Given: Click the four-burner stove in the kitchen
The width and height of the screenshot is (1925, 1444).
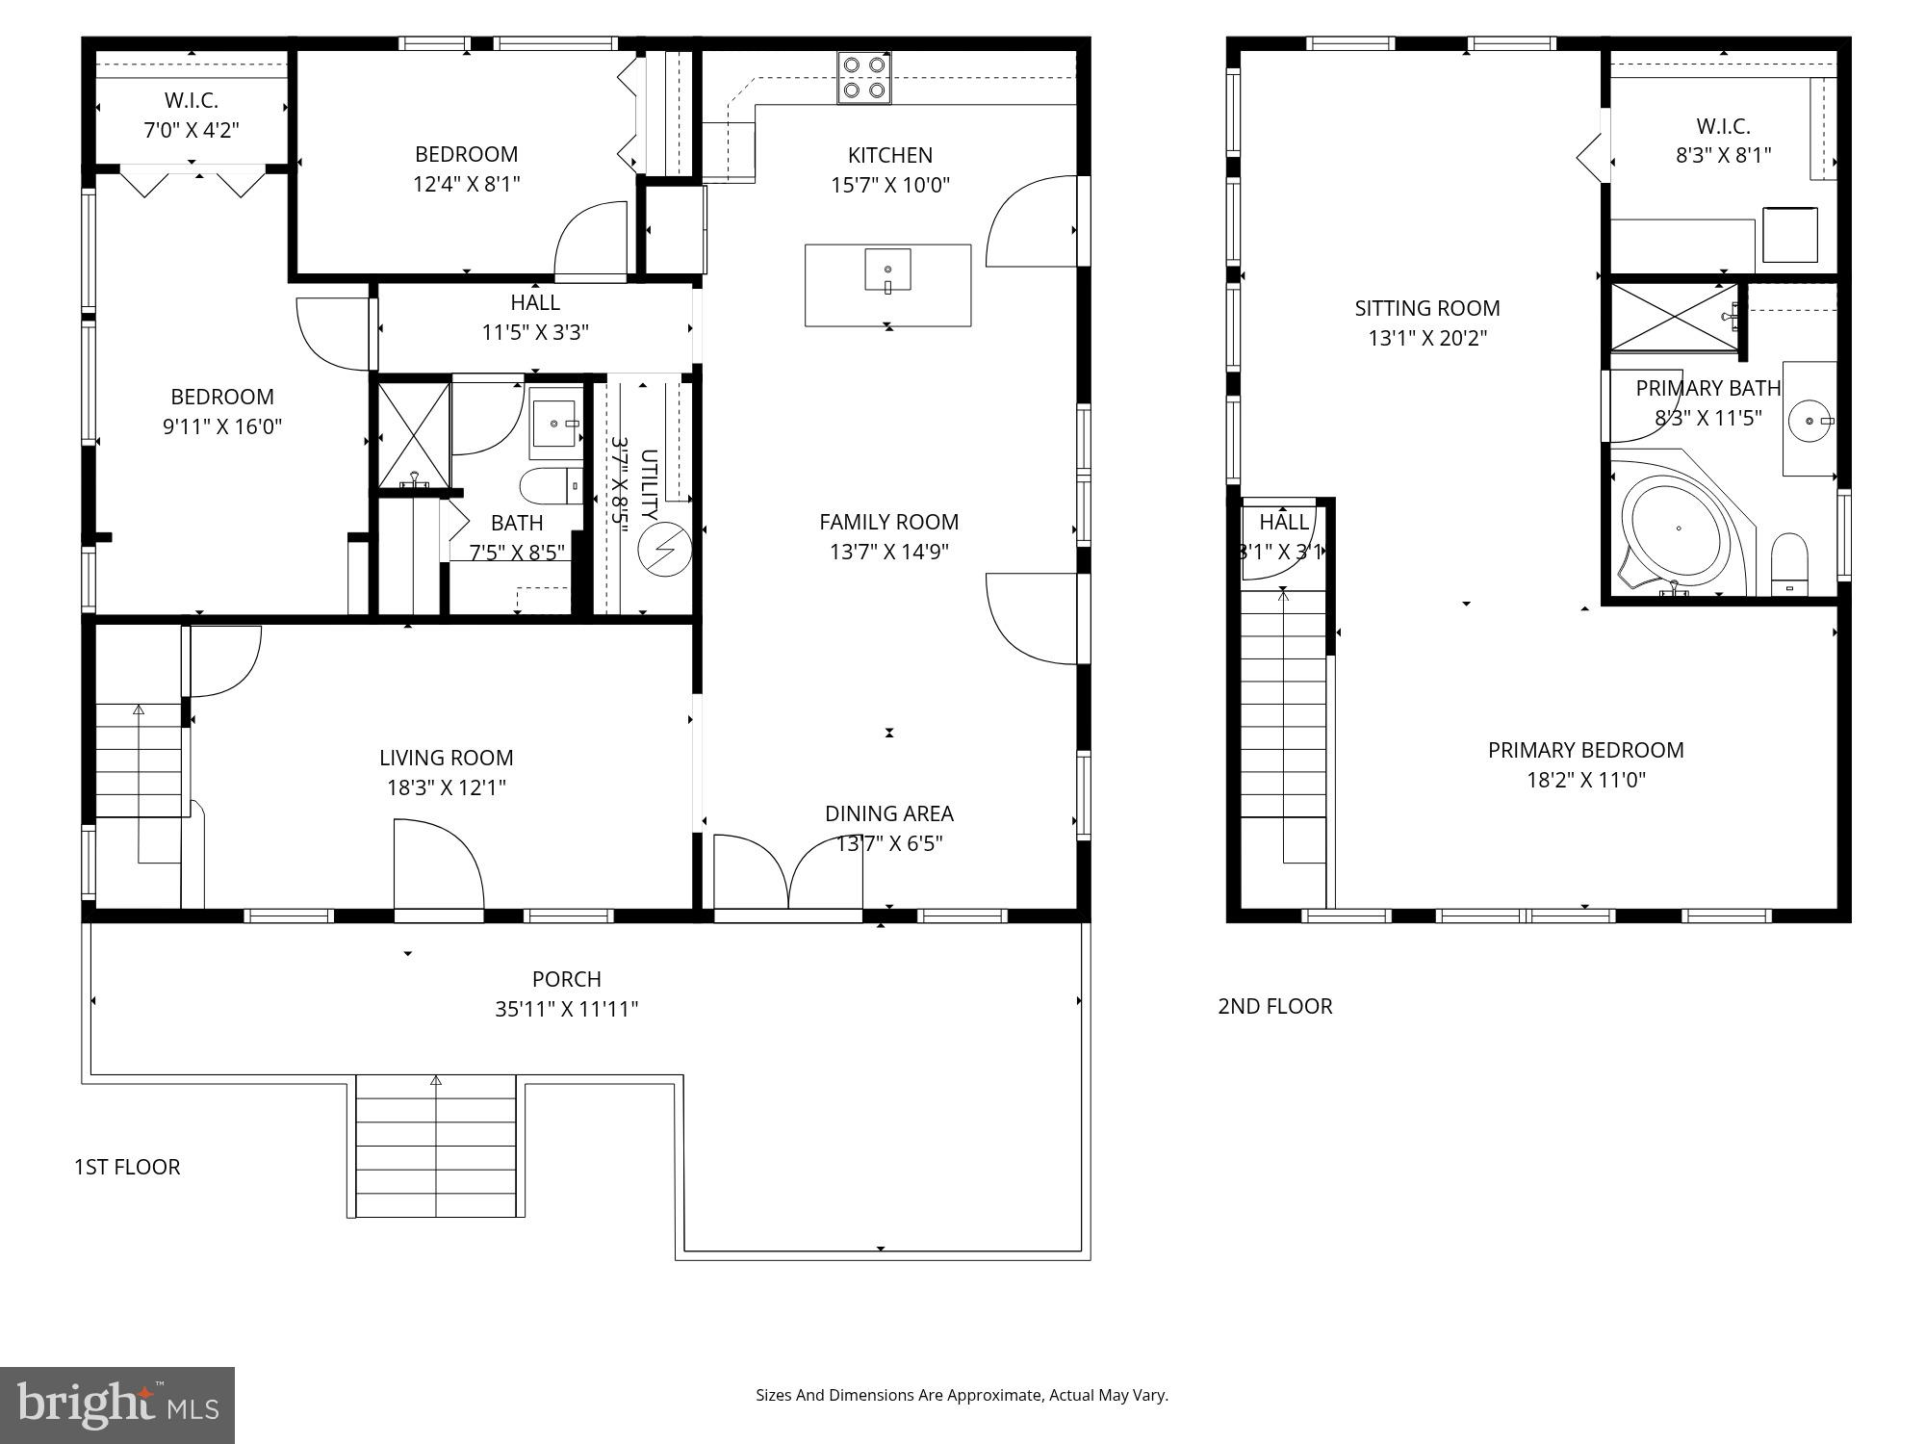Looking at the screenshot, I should (x=863, y=78).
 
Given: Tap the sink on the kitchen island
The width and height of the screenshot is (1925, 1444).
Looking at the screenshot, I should (x=887, y=271).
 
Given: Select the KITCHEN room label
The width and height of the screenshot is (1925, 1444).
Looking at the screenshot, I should (x=889, y=155).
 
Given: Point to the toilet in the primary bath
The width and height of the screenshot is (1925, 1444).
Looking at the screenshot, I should (x=1789, y=564).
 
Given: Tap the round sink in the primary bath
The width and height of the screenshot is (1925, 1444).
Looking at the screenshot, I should (x=1809, y=421).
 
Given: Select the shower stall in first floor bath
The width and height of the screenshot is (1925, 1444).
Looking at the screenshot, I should (x=414, y=435).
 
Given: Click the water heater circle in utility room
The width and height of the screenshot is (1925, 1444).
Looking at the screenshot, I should (x=665, y=550).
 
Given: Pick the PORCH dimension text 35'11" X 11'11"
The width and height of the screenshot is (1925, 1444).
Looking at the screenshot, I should (x=566, y=1009).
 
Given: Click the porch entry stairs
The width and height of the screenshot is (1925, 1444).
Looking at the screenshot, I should (x=436, y=1147).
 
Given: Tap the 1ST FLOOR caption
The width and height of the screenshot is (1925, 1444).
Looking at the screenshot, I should (x=127, y=1167).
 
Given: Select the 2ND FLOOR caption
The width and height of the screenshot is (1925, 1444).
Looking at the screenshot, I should (x=1274, y=1006).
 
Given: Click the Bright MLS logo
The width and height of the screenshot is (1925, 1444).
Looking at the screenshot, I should (x=117, y=1405).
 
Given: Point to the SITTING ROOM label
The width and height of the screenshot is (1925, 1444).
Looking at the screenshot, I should (x=1426, y=308).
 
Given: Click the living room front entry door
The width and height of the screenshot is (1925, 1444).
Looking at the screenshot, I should (x=438, y=866).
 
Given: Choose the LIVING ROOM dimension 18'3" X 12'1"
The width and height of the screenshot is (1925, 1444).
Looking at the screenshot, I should (x=446, y=787).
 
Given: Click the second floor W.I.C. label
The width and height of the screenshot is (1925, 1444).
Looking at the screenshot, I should (x=1722, y=126).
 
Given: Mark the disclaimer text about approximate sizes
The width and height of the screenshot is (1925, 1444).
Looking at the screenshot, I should (x=961, y=1395).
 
